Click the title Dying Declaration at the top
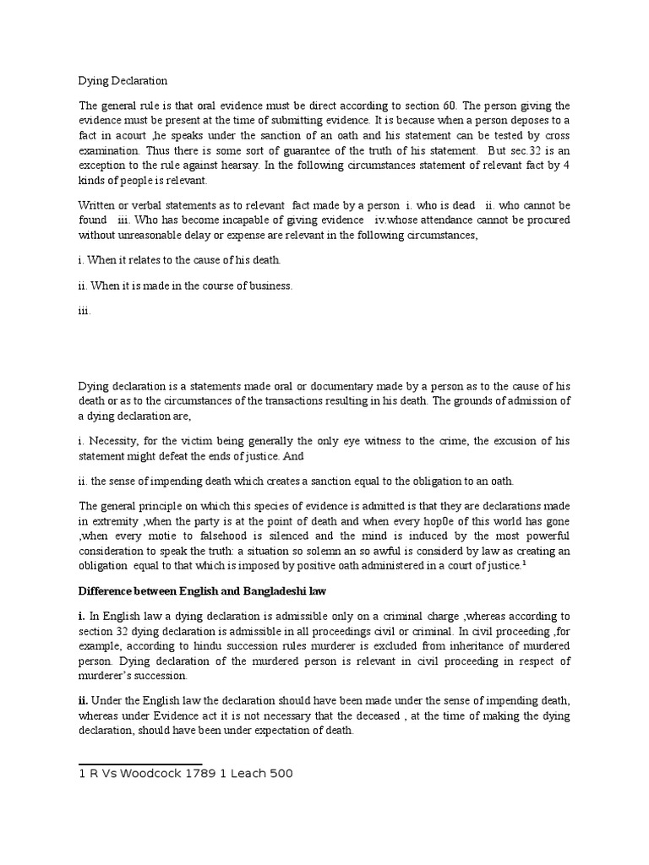123,81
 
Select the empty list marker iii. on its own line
83,311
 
